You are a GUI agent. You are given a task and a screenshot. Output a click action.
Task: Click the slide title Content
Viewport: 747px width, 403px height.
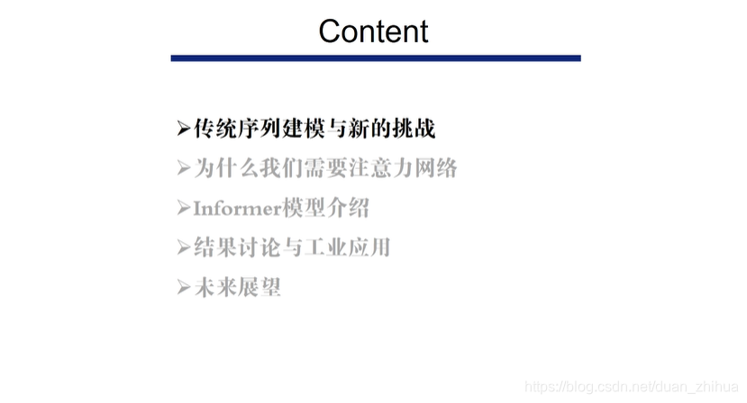coord(373,31)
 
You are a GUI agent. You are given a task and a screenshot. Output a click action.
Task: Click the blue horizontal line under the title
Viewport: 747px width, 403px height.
coord(376,58)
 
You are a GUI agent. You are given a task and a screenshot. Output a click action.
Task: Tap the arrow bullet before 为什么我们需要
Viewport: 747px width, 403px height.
coord(184,169)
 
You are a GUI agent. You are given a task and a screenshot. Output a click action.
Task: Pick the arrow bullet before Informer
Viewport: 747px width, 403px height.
coord(184,209)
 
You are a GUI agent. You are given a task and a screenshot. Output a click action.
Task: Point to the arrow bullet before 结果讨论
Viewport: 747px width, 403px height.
coord(184,248)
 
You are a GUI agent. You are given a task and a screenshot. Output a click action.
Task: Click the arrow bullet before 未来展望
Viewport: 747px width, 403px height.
coord(184,288)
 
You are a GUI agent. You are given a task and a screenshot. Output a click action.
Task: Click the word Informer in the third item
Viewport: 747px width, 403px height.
coord(237,209)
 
